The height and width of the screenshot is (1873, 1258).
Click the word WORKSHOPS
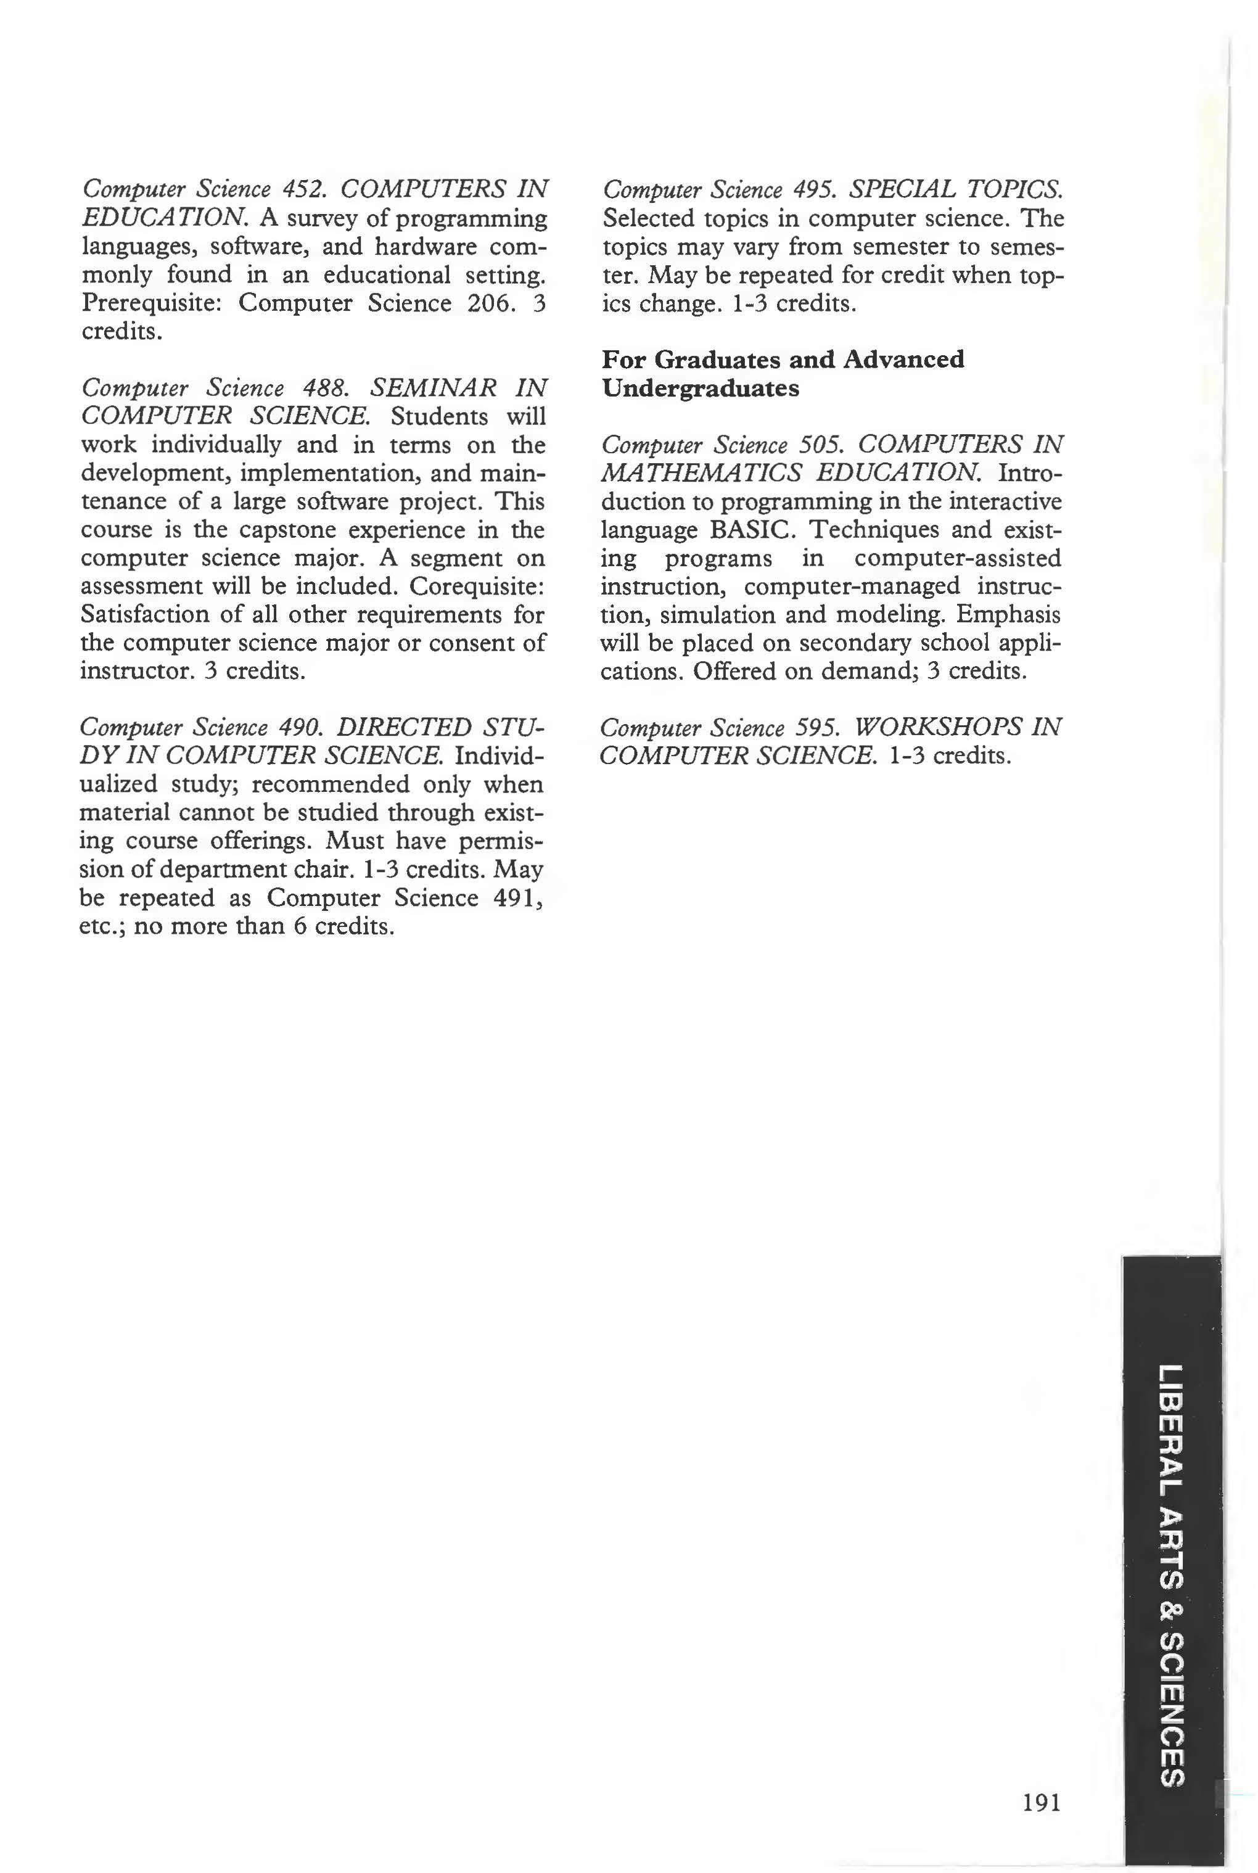935,728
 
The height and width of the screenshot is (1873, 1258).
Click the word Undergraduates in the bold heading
701,389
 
